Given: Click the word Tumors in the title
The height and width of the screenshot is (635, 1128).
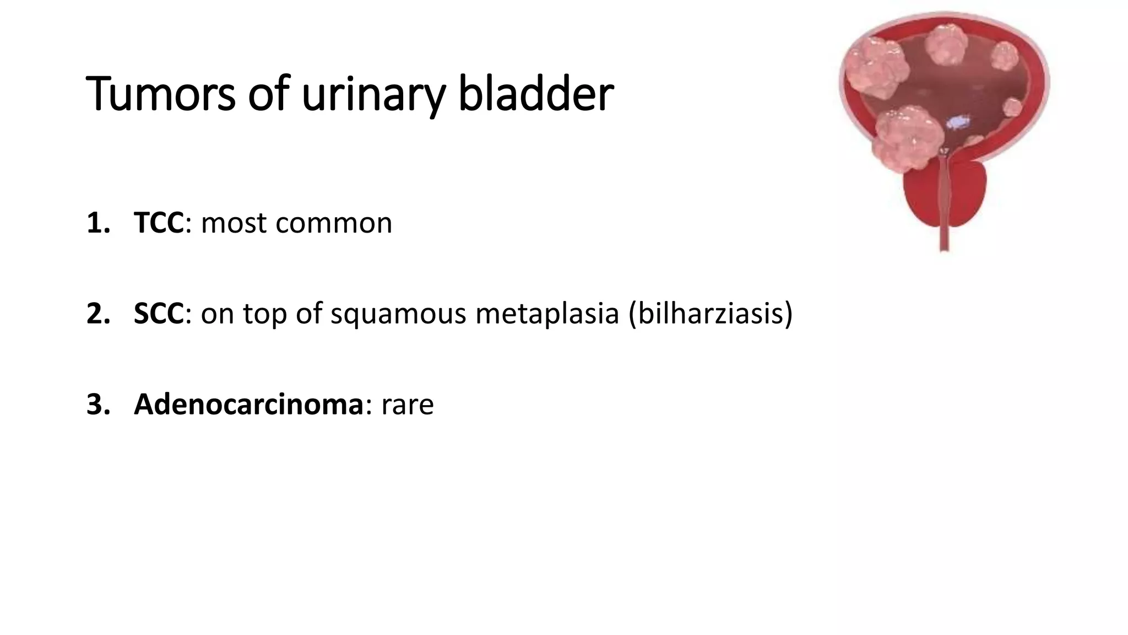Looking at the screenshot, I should tap(160, 95).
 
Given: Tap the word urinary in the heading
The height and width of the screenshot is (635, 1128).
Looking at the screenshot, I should tap(372, 95).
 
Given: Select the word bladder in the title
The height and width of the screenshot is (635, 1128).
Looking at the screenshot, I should tap(535, 95).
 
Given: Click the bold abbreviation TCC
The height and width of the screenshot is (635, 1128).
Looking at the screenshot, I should tap(159, 223).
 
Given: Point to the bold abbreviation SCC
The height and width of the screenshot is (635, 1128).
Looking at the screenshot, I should tap(159, 314).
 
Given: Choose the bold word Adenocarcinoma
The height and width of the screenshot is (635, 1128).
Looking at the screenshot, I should tap(248, 405).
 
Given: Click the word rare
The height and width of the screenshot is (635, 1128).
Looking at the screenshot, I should tap(407, 405).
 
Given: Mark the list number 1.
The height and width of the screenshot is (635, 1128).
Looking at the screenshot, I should tap(97, 223).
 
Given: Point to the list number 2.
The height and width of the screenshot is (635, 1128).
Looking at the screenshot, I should tap(97, 314).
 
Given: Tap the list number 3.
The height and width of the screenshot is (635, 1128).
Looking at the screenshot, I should tap(97, 405).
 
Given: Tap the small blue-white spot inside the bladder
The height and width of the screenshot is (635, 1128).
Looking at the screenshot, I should tap(959, 122).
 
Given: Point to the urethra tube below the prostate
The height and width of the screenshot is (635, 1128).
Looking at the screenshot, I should tap(944, 237).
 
